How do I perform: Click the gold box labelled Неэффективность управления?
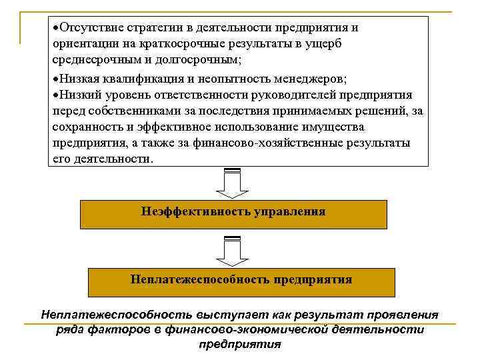pos(233,213)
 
